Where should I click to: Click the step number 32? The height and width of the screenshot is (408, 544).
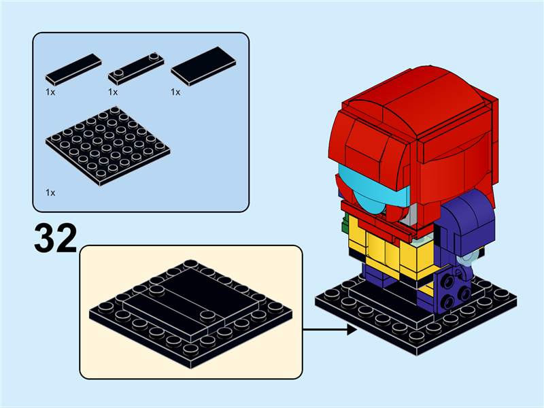(56, 238)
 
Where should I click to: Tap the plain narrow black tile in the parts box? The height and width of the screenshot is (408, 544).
(73, 67)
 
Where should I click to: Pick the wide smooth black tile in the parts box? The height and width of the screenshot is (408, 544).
(203, 66)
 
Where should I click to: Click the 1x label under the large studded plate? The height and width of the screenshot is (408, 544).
(50, 193)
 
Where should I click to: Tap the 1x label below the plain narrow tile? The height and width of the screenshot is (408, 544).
(50, 91)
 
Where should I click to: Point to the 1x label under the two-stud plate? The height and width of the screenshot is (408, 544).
(113, 91)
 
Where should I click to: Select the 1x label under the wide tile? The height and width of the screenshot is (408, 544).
(175, 91)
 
